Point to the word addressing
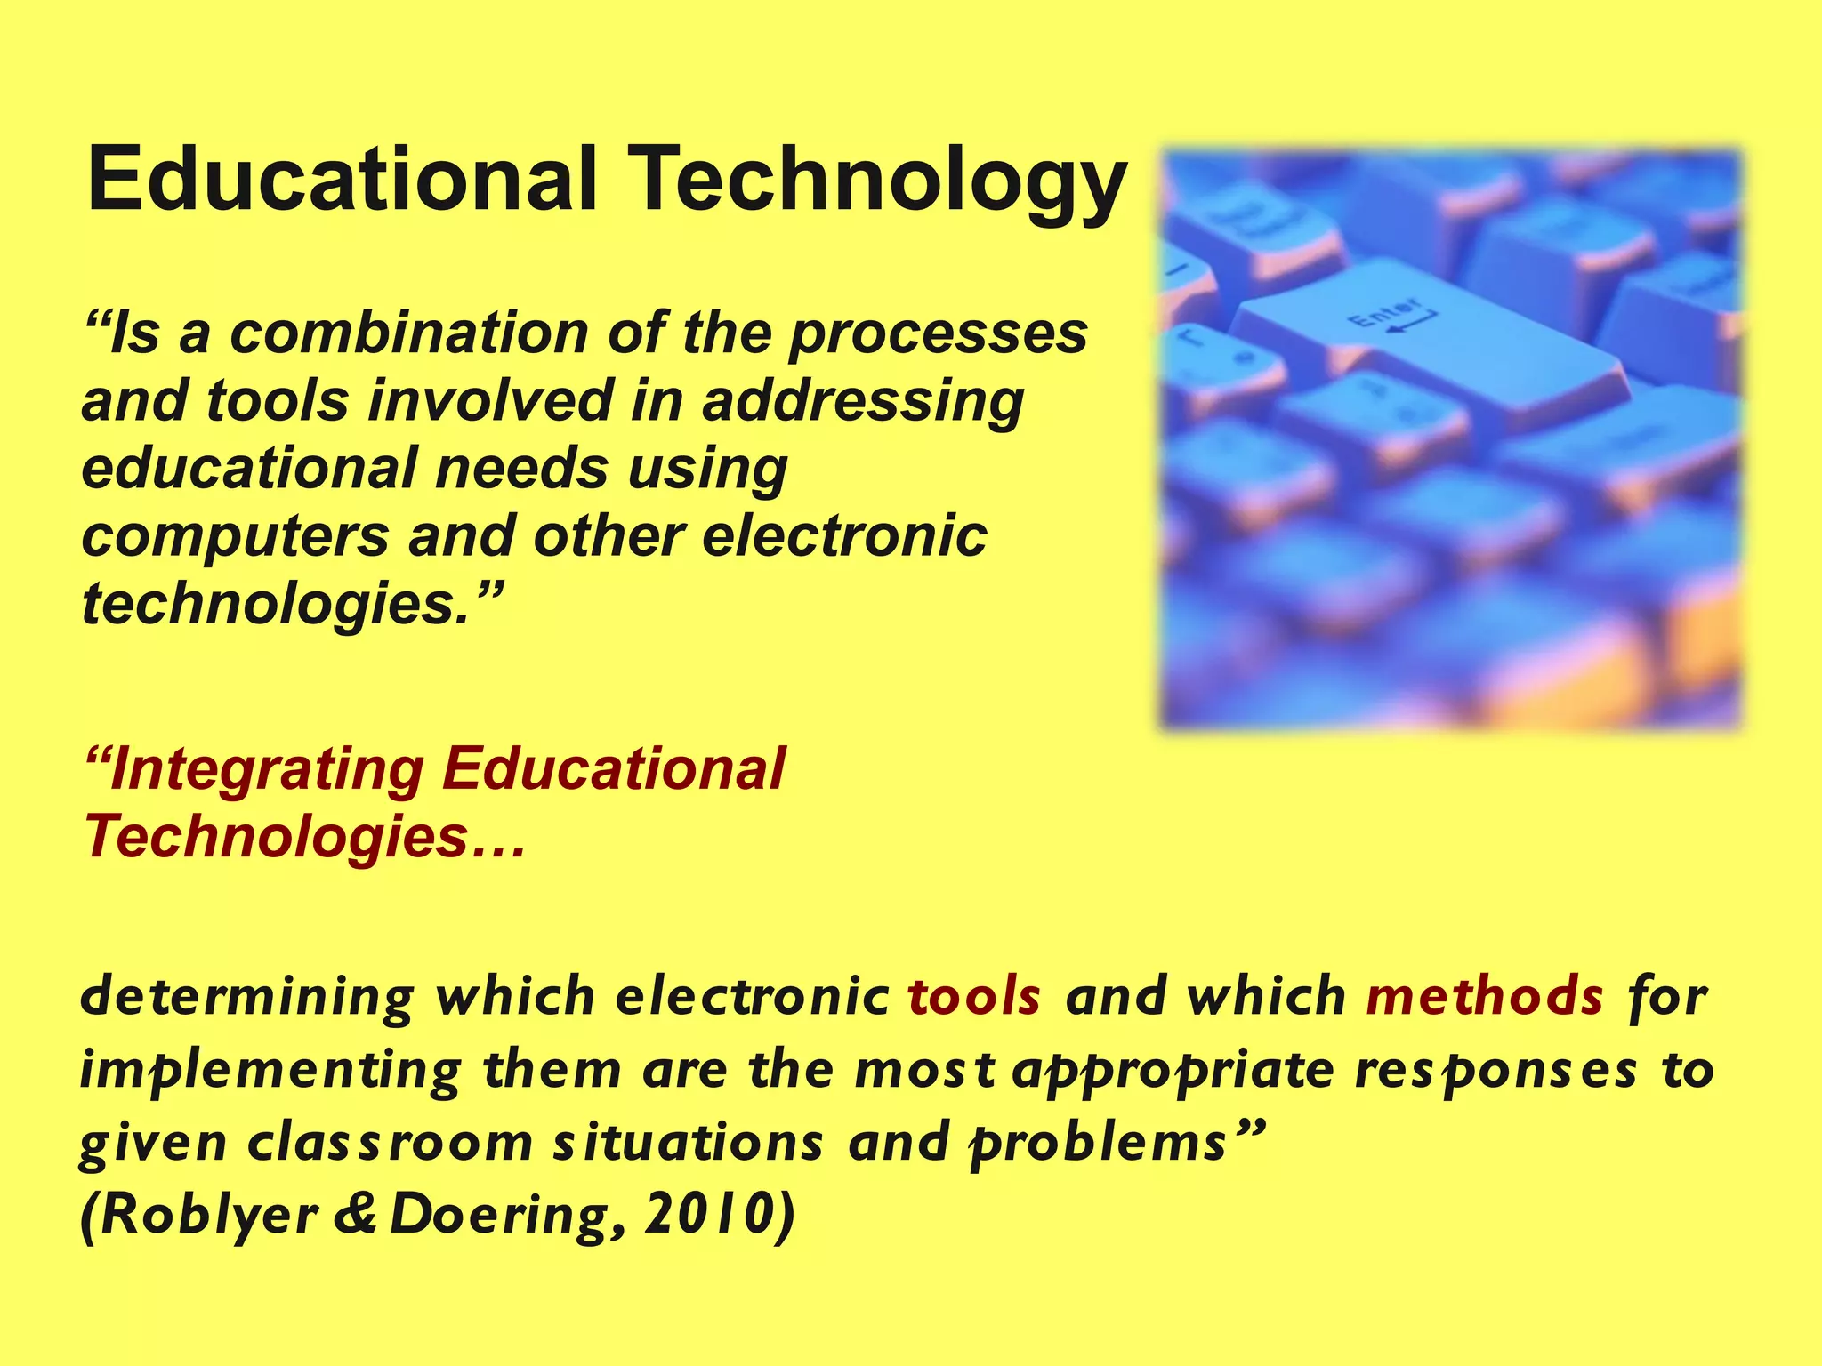click(x=863, y=402)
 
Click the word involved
click(x=490, y=400)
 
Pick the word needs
click(x=520, y=469)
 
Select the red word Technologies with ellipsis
click(x=302, y=838)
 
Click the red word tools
click(x=974, y=996)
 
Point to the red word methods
click(x=1485, y=996)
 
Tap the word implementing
click(x=270, y=1071)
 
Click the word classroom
click(x=390, y=1144)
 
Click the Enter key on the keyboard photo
click(x=1423, y=347)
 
